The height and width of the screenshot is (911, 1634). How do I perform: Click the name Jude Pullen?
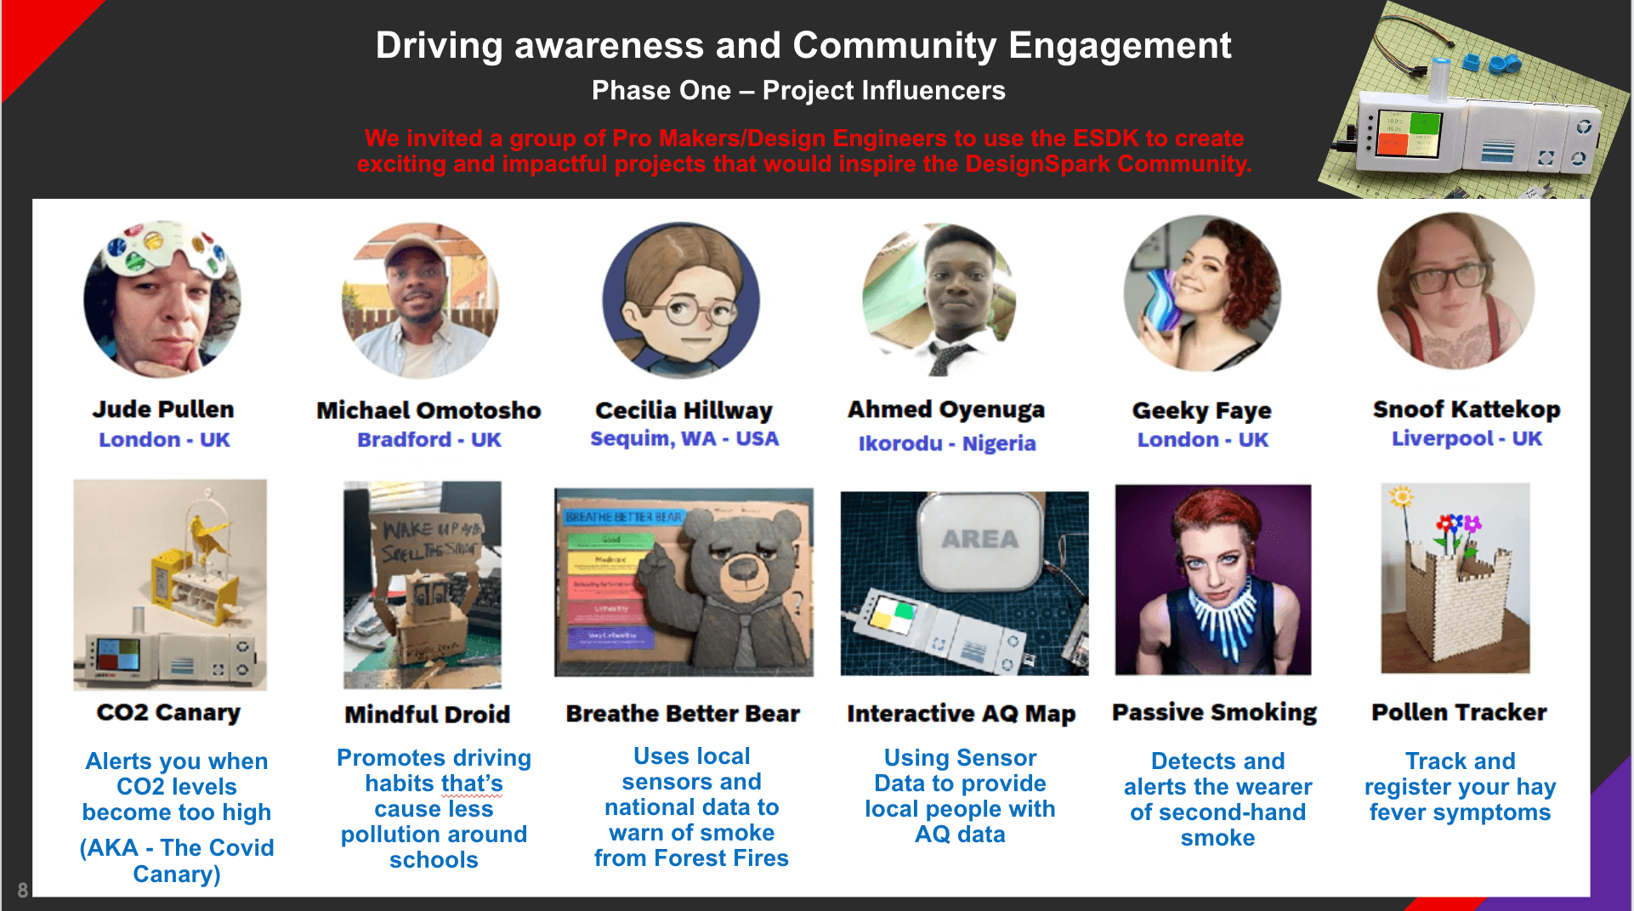coord(162,410)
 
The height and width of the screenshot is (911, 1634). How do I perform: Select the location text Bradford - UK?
coord(428,440)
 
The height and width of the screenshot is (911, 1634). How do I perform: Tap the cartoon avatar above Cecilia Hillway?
coord(681,299)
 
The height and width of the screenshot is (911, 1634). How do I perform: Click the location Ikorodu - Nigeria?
coord(946,444)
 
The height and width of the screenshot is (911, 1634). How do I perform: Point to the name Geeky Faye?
coord(1201,411)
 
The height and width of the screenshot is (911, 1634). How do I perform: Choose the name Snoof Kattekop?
coord(1466,410)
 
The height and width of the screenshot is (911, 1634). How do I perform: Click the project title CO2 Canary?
coord(168,712)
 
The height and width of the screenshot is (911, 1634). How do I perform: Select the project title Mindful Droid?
coord(427,715)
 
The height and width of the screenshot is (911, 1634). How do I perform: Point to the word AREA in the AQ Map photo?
coord(979,540)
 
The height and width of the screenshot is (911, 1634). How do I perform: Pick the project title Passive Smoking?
coord(1214,712)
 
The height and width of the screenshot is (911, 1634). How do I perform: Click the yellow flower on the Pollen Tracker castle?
coord(1401,496)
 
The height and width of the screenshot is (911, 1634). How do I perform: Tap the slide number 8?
coord(22,890)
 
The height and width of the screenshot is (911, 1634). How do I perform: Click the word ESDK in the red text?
coord(1105,138)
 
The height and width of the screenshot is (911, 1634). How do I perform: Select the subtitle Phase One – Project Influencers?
coord(798,90)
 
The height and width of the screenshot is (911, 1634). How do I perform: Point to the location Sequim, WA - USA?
coord(684,439)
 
